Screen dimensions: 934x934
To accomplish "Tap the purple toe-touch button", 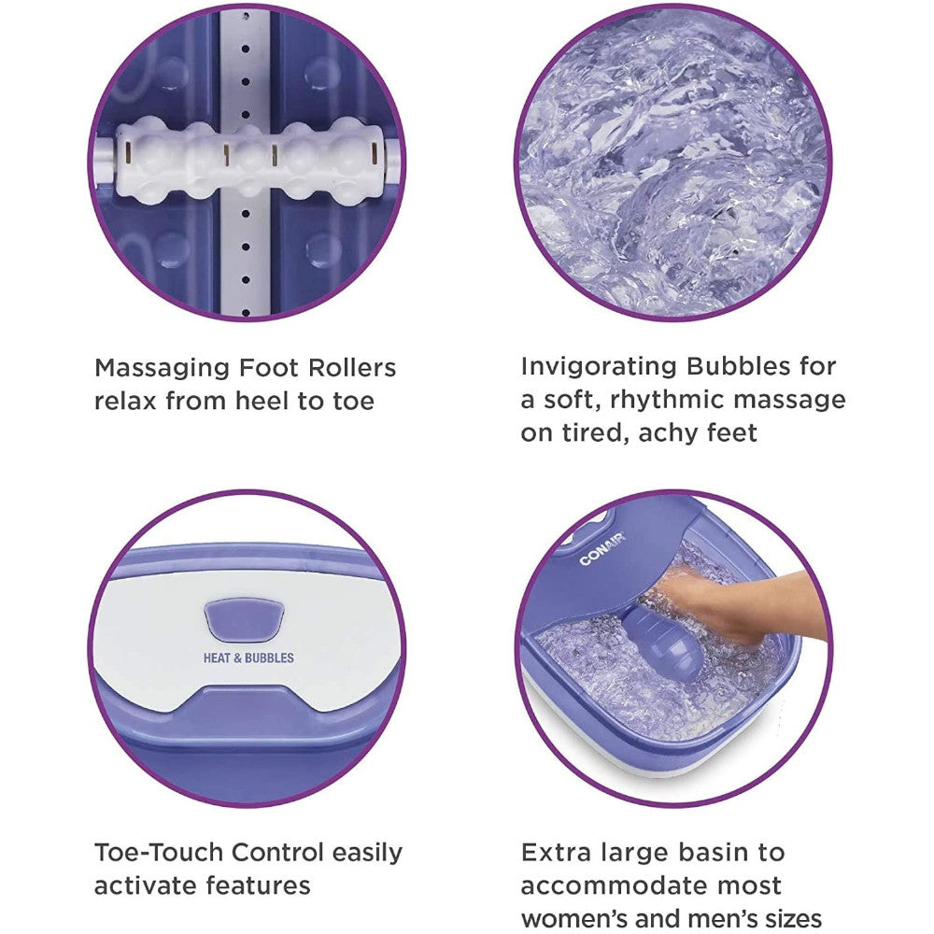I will click(245, 620).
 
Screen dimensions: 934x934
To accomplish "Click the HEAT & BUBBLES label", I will click(248, 658).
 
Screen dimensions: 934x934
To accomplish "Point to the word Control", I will click(272, 852).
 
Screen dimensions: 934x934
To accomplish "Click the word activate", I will click(146, 885).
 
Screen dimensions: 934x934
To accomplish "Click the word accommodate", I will click(619, 885).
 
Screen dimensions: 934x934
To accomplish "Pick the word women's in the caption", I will click(575, 918).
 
